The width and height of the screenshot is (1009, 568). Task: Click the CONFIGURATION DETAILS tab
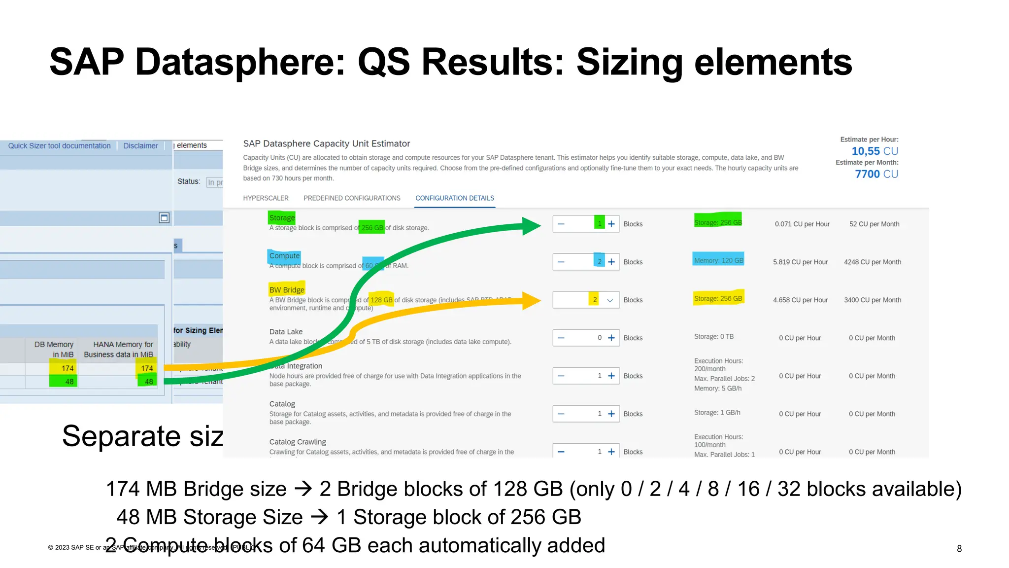pyautogui.click(x=454, y=198)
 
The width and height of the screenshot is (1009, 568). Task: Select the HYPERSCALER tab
pyautogui.click(x=266, y=198)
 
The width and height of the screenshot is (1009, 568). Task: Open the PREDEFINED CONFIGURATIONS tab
pyautogui.click(x=352, y=198)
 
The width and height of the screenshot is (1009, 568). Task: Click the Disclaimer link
pyautogui.click(x=140, y=146)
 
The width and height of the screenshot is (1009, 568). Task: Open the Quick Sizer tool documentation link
pyautogui.click(x=59, y=146)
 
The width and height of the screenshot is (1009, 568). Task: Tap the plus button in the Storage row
pyautogui.click(x=611, y=224)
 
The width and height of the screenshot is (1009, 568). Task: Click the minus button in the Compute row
pyautogui.click(x=561, y=262)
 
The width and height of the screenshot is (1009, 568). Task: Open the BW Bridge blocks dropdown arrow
pyautogui.click(x=610, y=300)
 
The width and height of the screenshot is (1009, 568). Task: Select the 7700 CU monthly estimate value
pyautogui.click(x=876, y=174)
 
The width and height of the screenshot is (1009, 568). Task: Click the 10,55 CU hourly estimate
pyautogui.click(x=874, y=151)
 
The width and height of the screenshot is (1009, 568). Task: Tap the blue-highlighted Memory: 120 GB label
pyautogui.click(x=718, y=260)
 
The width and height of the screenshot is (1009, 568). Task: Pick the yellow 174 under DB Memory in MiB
pyautogui.click(x=67, y=368)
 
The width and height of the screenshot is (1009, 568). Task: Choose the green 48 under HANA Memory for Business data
pyautogui.click(x=148, y=382)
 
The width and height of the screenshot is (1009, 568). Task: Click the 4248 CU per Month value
pyautogui.click(x=873, y=262)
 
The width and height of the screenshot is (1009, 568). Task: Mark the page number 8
pyautogui.click(x=959, y=549)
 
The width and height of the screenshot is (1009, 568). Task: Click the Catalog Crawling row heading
pyautogui.click(x=298, y=442)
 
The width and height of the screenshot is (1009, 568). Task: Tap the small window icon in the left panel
pyautogui.click(x=164, y=218)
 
